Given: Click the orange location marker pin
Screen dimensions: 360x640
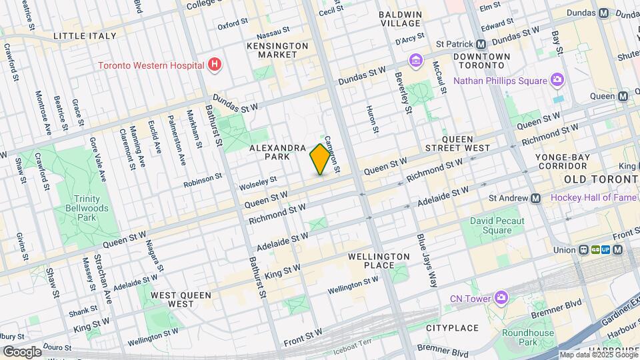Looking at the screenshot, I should click(x=321, y=159).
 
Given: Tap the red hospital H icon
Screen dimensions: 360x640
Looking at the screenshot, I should click(x=214, y=65).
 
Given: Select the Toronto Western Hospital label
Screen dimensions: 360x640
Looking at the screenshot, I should click(x=151, y=65).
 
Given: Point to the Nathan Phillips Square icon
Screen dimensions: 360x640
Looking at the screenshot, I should click(x=557, y=81).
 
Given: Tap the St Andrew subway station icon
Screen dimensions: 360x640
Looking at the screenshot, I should click(x=535, y=198).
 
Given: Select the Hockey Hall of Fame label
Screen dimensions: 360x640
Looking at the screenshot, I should click(x=593, y=198).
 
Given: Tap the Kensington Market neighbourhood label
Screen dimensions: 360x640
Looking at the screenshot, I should click(x=277, y=50).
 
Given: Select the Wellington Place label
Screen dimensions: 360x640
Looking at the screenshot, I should click(x=379, y=261).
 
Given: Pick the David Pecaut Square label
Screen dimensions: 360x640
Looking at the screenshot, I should click(x=497, y=225).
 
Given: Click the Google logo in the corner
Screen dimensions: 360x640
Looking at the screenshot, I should click(x=21, y=351).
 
